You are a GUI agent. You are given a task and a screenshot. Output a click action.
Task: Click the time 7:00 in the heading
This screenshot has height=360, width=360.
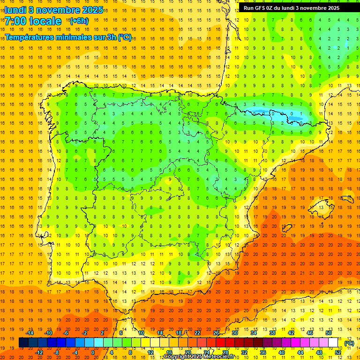[x=17, y=21]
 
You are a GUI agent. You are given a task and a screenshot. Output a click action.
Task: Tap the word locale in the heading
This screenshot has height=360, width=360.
[x=46, y=21]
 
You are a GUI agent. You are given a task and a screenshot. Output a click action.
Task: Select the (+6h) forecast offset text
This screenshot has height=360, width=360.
[x=79, y=21]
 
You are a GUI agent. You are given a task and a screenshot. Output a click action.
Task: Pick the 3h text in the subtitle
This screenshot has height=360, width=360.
[x=112, y=37]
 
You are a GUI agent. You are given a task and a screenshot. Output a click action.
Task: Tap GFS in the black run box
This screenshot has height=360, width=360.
[x=260, y=8]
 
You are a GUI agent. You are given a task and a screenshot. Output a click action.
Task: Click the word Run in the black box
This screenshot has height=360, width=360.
[x=249, y=8]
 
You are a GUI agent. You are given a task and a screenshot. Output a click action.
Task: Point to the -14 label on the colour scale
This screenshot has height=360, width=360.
[x=30, y=333]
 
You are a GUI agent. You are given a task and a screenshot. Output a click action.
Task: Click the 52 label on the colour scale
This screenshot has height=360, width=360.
[x=337, y=352]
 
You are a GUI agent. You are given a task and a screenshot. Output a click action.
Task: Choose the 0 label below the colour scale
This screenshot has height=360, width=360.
[x=93, y=352]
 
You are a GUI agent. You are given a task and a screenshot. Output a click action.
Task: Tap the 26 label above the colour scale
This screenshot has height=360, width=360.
[x=216, y=333]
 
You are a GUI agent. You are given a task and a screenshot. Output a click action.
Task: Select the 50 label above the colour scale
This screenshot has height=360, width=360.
[x=328, y=333]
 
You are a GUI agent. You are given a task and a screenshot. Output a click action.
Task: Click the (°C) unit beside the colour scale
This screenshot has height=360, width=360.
[x=349, y=343]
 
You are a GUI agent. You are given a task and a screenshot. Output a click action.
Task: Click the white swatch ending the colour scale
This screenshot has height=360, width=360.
[x=333, y=343]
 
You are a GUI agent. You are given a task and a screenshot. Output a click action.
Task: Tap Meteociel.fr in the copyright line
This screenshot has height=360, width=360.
[x=221, y=357]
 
